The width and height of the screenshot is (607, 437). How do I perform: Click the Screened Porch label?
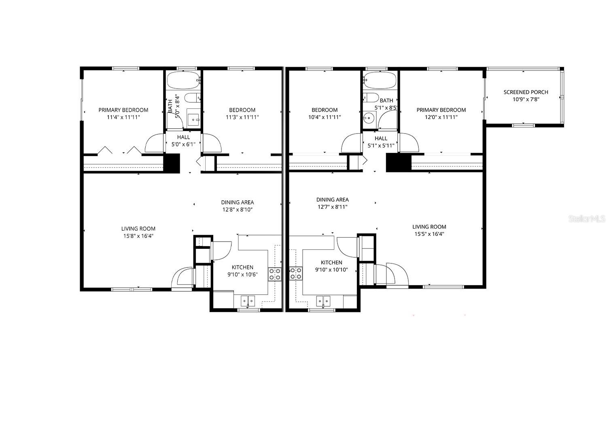pos(526,92)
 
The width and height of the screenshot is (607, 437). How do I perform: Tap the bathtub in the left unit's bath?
pos(183,81)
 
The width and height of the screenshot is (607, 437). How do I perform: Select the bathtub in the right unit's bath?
pos(380,80)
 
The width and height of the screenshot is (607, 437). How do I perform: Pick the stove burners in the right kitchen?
pos(296,273)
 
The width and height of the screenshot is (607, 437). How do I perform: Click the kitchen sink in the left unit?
pos(248,301)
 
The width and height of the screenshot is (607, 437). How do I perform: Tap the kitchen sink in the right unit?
pos(323,301)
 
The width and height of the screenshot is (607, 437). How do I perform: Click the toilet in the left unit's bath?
pos(192,98)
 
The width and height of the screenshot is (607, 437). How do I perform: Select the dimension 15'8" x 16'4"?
pos(138,236)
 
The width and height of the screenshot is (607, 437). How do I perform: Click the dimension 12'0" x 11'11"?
pos(441,117)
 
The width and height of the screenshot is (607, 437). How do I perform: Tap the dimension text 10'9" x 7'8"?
pos(526,99)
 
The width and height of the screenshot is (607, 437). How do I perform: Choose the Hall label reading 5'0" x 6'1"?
pos(183,144)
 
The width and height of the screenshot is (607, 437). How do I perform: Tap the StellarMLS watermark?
pos(587,219)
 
